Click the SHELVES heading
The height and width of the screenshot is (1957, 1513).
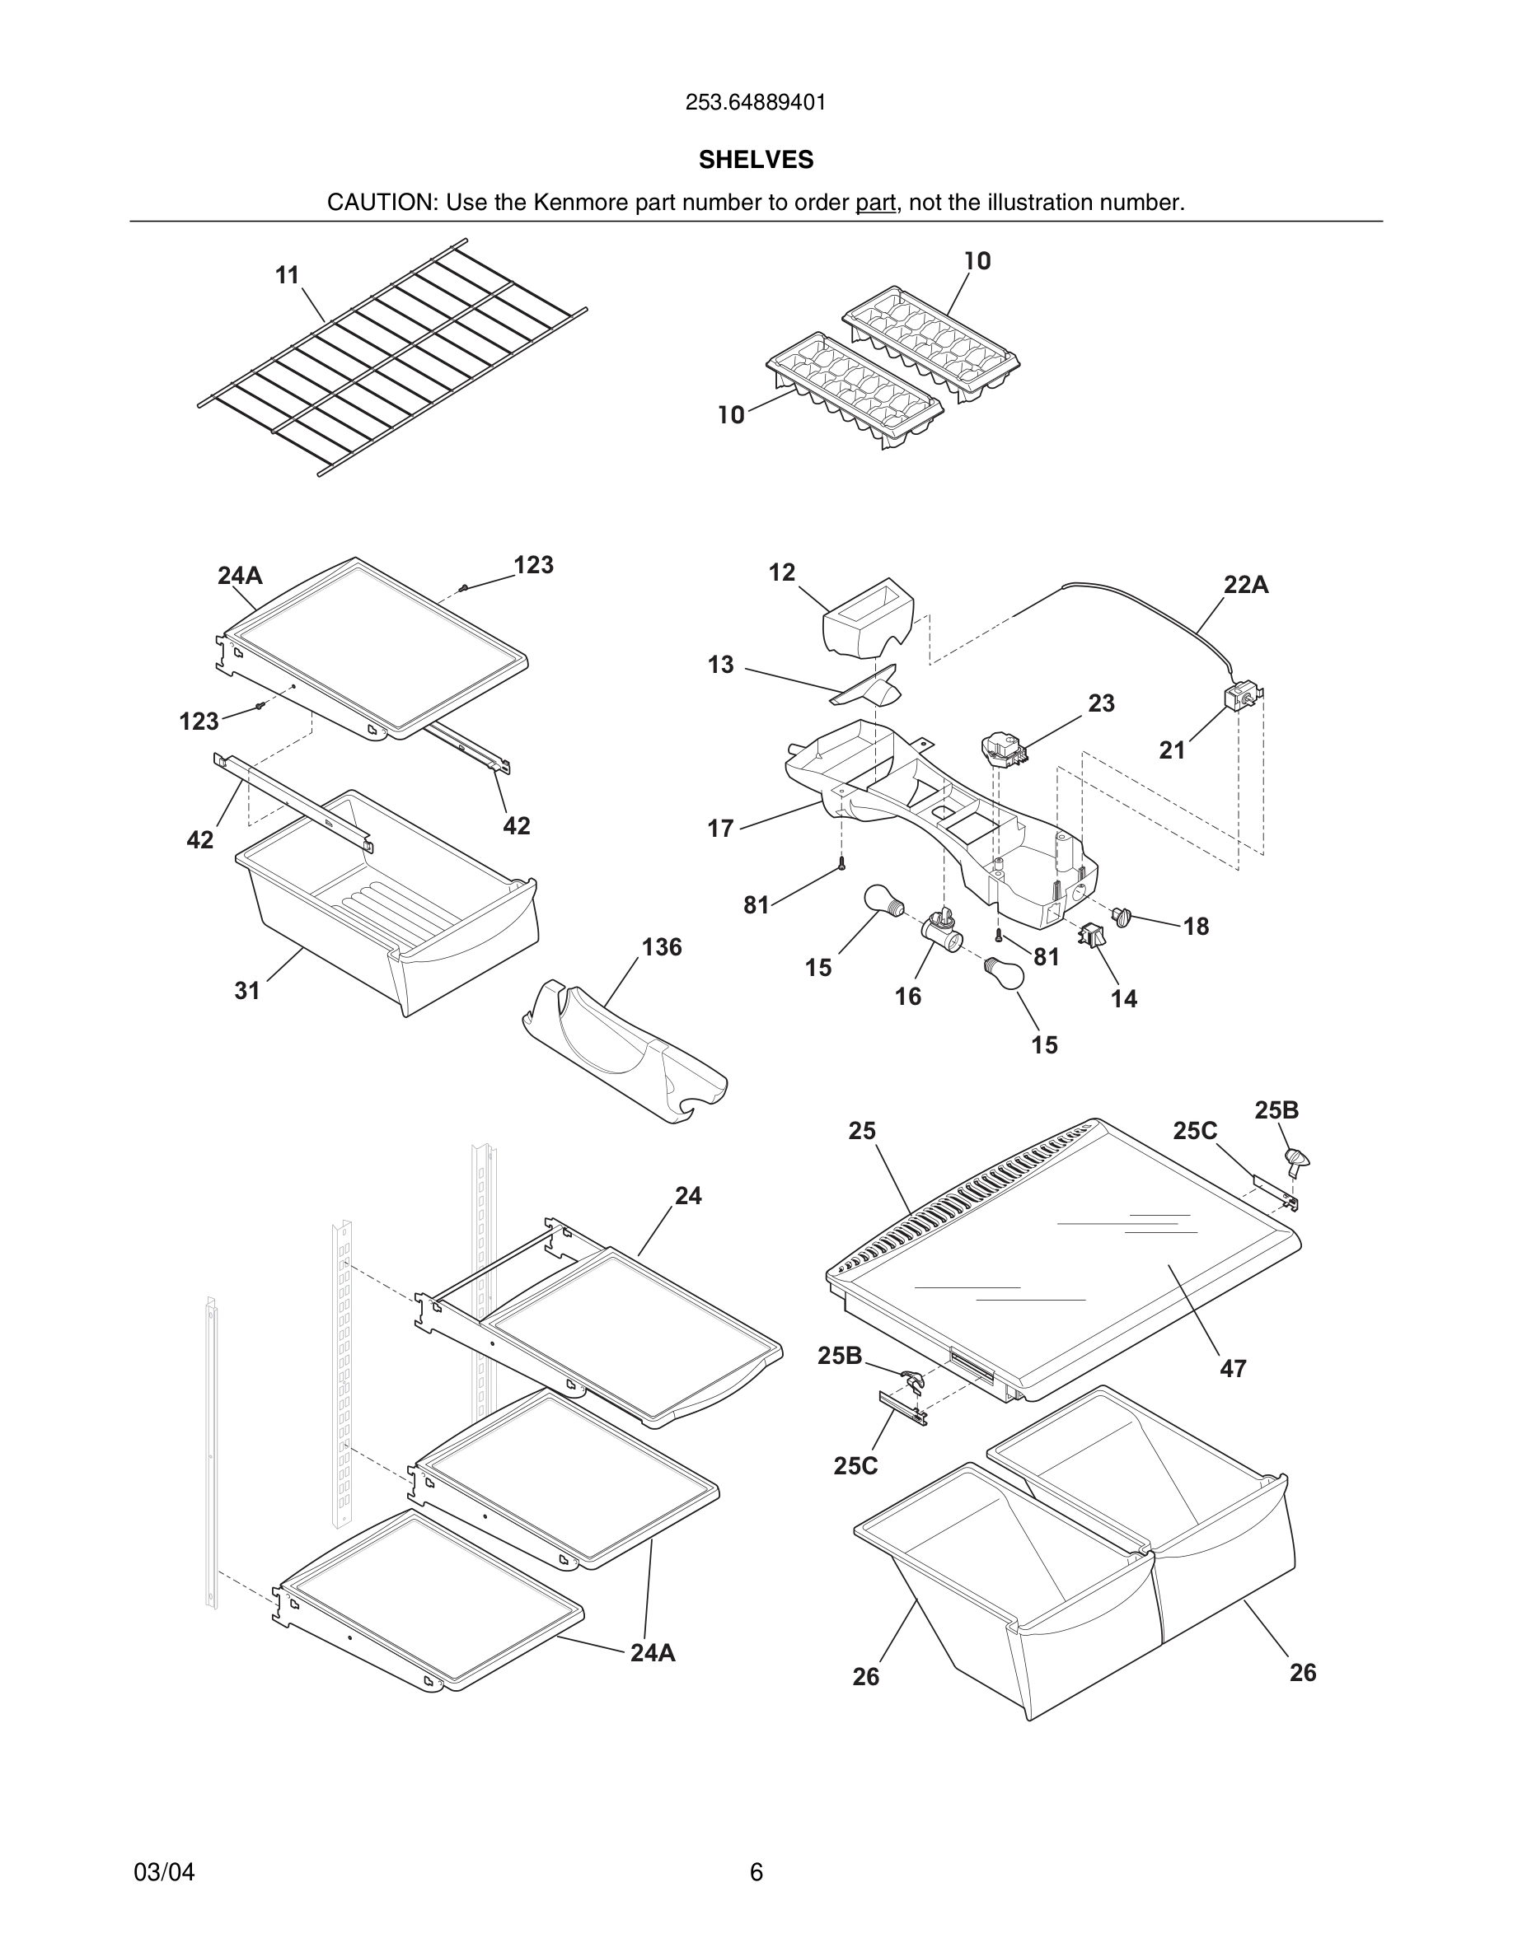756,160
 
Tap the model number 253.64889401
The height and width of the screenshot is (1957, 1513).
756,103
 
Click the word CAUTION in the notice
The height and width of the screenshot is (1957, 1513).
380,203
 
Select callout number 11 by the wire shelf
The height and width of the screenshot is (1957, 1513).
287,275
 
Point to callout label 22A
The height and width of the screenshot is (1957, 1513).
1246,585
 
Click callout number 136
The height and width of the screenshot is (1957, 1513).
662,947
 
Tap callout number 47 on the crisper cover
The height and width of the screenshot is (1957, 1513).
1233,1368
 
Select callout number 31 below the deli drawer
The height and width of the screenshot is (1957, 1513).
247,990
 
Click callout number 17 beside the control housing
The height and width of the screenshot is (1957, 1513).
720,828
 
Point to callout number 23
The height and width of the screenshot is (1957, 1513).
1102,703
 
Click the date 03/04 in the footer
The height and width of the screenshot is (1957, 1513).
164,1872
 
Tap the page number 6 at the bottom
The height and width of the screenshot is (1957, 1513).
756,1872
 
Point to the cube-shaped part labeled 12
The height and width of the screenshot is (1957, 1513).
868,619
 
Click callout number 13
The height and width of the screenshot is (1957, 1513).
720,665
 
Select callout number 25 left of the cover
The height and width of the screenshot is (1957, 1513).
861,1131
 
